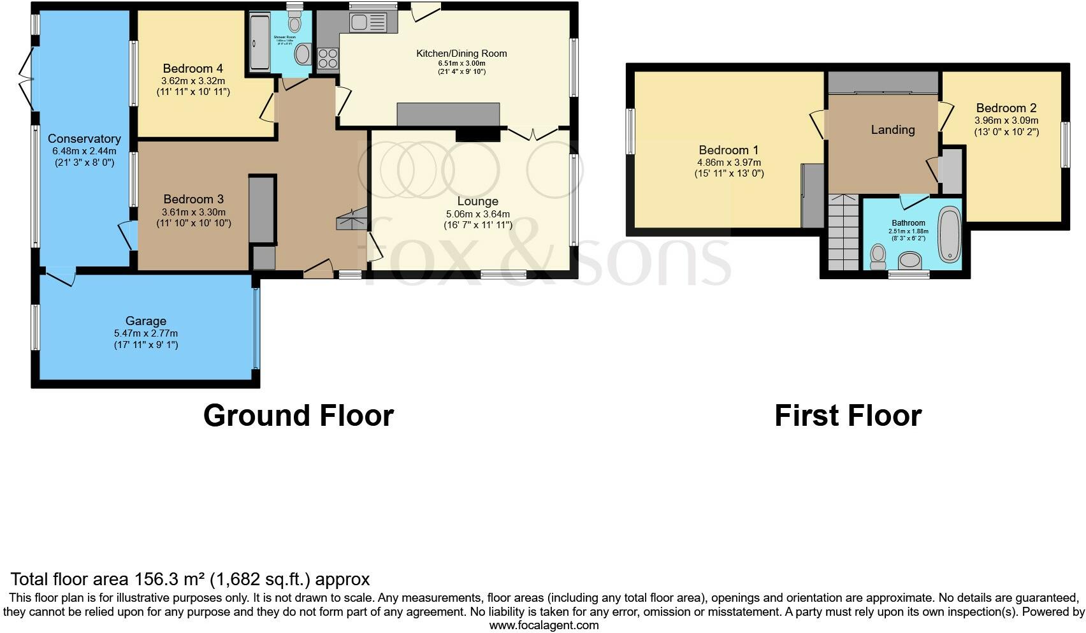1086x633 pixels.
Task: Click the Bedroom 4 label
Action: click(192, 68)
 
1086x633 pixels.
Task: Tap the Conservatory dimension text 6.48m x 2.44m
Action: click(84, 151)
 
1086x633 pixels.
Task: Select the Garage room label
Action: click(146, 321)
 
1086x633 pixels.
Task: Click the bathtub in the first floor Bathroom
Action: click(950, 234)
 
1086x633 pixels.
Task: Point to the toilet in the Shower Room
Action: click(294, 24)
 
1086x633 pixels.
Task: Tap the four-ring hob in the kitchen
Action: click(328, 59)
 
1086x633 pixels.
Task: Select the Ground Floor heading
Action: click(298, 416)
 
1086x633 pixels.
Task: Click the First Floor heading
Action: click(848, 416)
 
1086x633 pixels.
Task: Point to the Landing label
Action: click(892, 129)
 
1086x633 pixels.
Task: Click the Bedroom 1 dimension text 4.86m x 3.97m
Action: click(728, 163)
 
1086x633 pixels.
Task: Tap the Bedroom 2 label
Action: click(1006, 108)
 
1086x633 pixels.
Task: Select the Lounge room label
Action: click(477, 201)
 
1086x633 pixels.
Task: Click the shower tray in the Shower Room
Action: click(259, 42)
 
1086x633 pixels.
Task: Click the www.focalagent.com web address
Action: click(544, 625)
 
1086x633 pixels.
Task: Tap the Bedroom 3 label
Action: click(193, 199)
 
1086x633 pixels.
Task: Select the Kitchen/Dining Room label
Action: click(461, 54)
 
